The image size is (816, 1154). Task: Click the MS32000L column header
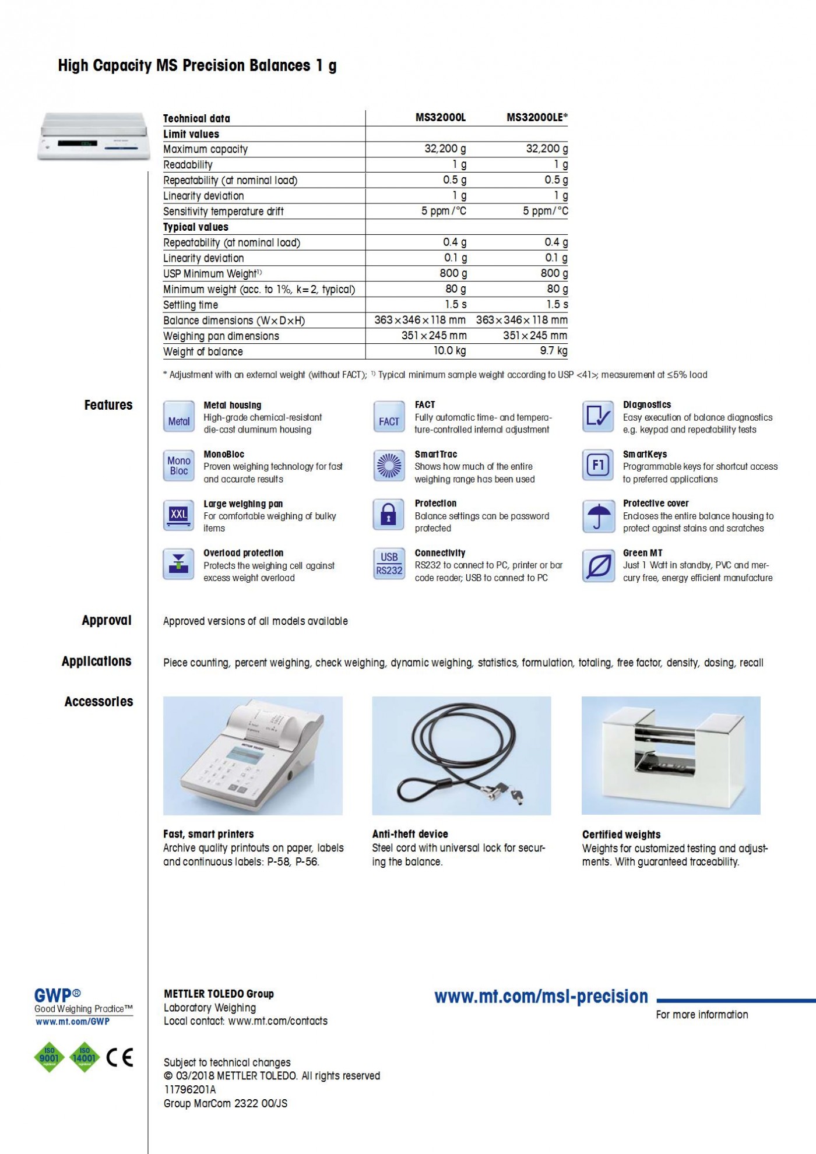pyautogui.click(x=441, y=118)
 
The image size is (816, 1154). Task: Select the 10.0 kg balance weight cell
pyautogui.click(x=449, y=351)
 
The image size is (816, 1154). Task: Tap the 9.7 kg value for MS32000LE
pyautogui.click(x=553, y=351)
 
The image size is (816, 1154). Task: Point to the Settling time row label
pyautogui.click(x=191, y=305)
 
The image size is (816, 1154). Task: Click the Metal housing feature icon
pyautogui.click(x=178, y=417)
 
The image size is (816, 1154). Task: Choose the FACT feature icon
pyautogui.click(x=389, y=417)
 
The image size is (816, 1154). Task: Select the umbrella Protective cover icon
pyautogui.click(x=598, y=516)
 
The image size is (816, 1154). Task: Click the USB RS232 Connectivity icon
pyautogui.click(x=389, y=565)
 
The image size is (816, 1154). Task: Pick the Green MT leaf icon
pyautogui.click(x=598, y=565)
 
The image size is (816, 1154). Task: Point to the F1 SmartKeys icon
pyautogui.click(x=598, y=466)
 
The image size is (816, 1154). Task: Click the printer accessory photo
pyautogui.click(x=252, y=755)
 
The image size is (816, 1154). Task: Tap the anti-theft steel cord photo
pyautogui.click(x=461, y=755)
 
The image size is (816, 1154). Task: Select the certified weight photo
pyautogui.click(x=671, y=755)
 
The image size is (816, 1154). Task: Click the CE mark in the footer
pyautogui.click(x=120, y=1057)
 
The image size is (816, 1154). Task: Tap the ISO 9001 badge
pyautogui.click(x=50, y=1057)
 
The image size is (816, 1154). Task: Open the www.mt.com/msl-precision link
pyautogui.click(x=541, y=997)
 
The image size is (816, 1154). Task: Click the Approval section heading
pyautogui.click(x=107, y=621)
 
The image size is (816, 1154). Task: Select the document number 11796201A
pyautogui.click(x=190, y=1090)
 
